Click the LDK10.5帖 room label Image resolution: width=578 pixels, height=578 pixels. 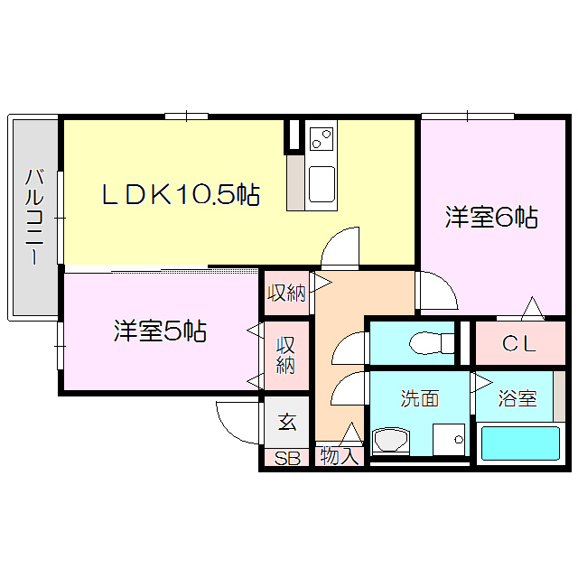coord(181,193)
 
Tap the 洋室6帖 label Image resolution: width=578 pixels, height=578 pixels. coord(491,218)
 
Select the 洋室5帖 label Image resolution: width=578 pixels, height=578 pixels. coord(160,331)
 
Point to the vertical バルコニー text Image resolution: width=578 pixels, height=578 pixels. coord(33,216)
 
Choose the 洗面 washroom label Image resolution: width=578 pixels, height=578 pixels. coord(420,398)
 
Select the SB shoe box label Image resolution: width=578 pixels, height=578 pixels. coord(287,458)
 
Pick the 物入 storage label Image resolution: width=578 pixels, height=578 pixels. coord(340,457)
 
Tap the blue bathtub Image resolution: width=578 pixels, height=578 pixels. coord(519,443)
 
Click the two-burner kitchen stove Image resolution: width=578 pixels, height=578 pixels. coord(321,139)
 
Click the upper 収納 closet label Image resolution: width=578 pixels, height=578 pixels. coord(285,294)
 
